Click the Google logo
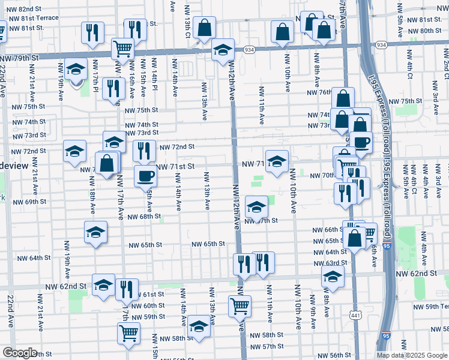[x=20, y=353]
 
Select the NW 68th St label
[x=145, y=217]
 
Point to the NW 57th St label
[x=267, y=347]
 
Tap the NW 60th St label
[x=142, y=305]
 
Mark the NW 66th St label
[x=326, y=230]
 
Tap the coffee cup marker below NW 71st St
[x=145, y=176]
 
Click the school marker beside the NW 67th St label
[x=256, y=207]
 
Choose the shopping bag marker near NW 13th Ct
[x=205, y=27]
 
